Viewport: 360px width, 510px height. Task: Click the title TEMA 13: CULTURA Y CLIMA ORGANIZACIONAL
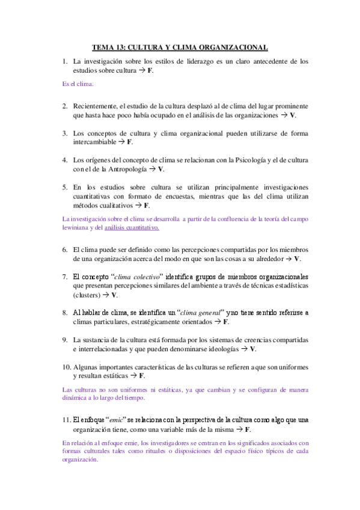pos(180,48)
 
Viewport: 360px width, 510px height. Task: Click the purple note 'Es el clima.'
pos(78,84)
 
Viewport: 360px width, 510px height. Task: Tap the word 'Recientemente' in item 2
pos(95,105)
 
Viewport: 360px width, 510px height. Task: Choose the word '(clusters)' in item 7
pos(86,295)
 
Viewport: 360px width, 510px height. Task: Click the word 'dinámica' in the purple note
pos(75,398)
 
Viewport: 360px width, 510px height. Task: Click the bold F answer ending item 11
pos(248,430)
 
